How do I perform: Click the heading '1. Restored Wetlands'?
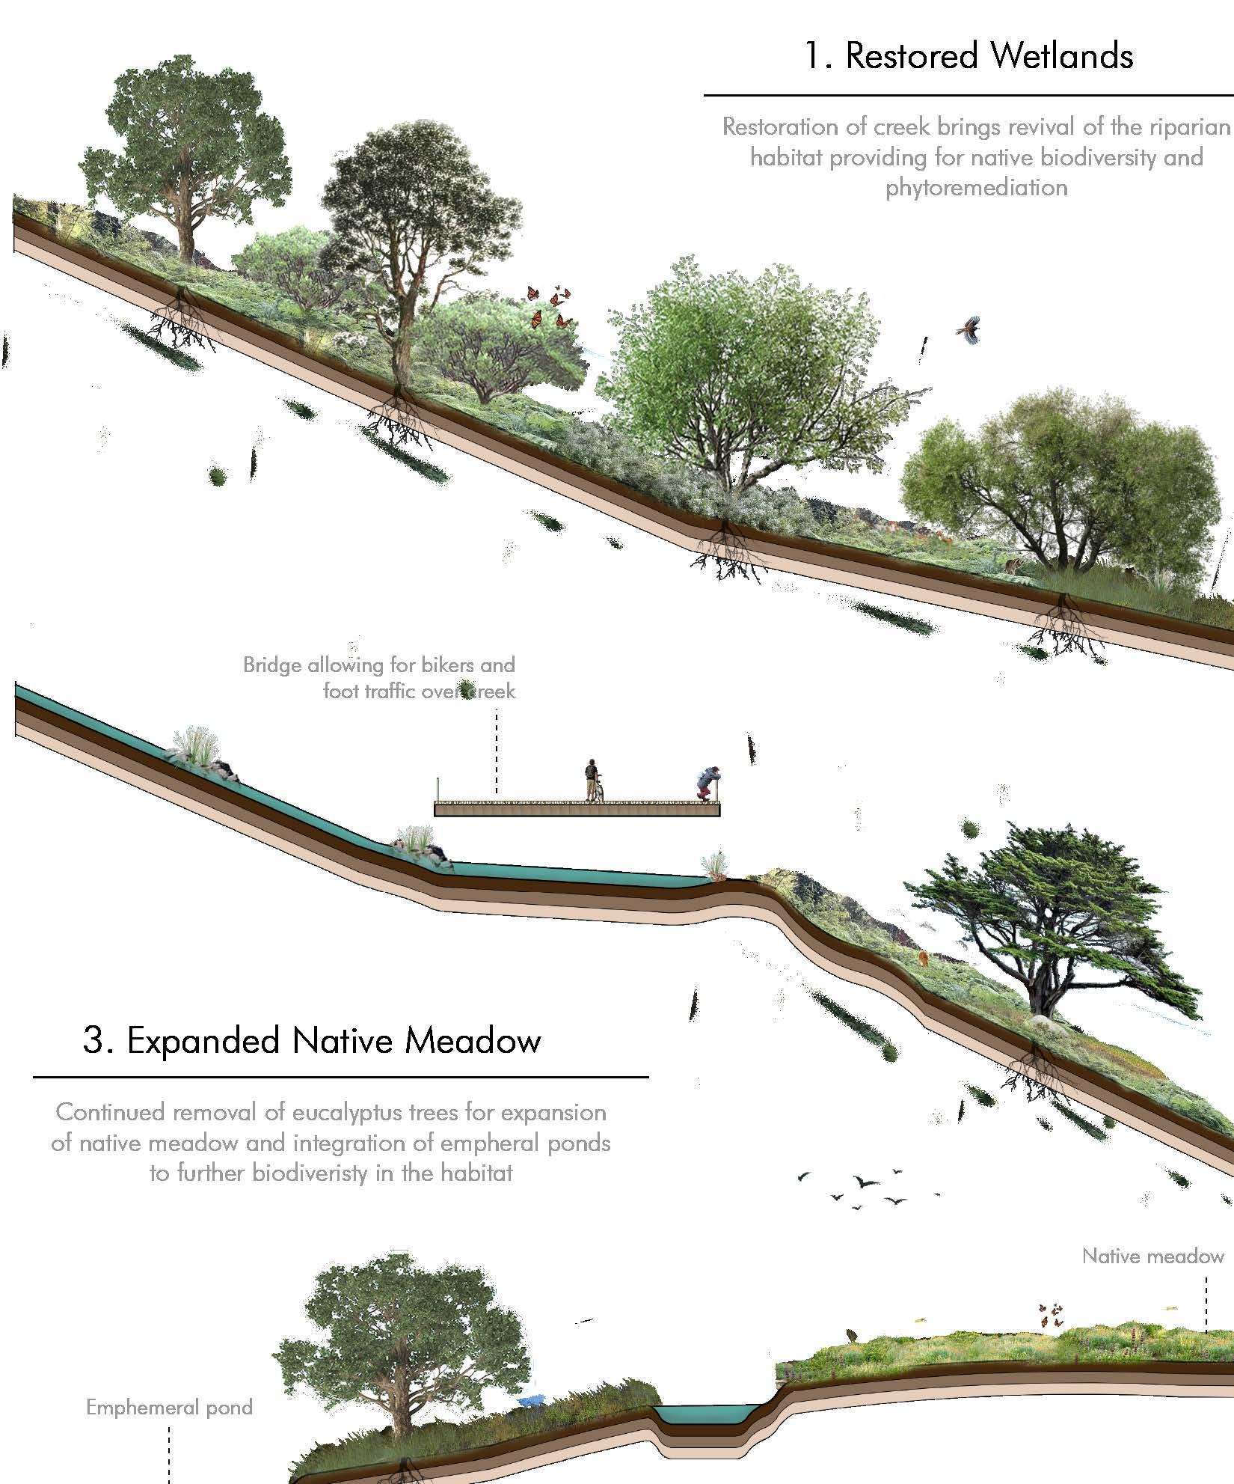coord(969,56)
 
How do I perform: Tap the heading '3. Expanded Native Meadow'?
coord(311,1041)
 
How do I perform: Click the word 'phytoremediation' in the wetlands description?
coord(976,187)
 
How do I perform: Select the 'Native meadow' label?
coord(1152,1256)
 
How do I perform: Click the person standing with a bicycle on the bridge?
coord(592,780)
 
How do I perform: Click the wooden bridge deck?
coord(576,809)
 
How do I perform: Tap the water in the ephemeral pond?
coord(702,1393)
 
